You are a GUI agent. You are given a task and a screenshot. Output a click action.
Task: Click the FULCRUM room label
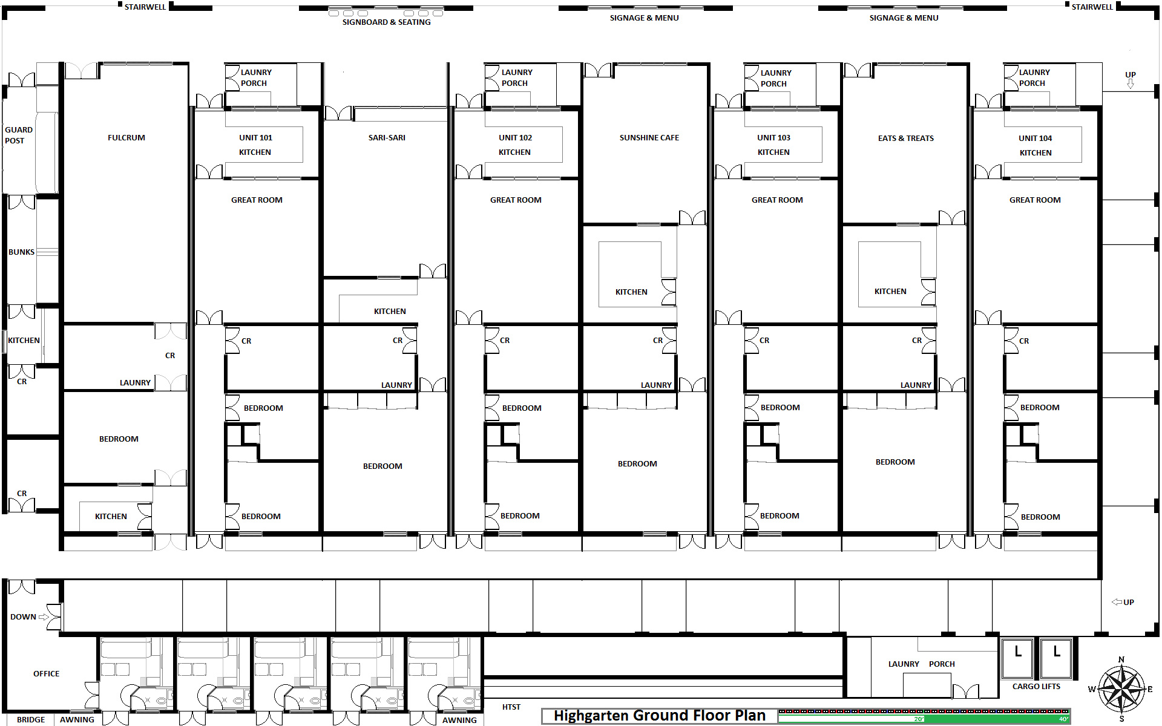tap(126, 138)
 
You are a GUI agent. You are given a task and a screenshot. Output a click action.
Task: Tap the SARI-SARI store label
tap(387, 138)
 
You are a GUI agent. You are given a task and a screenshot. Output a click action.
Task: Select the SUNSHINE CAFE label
tap(649, 138)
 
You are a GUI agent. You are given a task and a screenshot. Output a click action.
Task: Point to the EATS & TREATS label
tap(906, 139)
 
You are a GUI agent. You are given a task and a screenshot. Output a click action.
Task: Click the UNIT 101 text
tap(255, 138)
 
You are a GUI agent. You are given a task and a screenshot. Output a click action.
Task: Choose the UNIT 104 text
tap(1035, 139)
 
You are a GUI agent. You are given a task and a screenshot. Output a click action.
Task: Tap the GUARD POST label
tap(18, 135)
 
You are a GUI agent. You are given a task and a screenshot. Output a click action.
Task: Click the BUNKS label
tap(21, 252)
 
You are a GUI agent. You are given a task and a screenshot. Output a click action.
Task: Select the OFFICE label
tap(47, 674)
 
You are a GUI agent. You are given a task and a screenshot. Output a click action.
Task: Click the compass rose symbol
tap(1121, 689)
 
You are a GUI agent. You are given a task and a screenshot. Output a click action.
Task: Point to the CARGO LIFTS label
tap(1036, 687)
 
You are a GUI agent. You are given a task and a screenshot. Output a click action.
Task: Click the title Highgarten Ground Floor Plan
tap(660, 716)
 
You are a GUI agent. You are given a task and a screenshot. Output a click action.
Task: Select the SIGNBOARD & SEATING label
tap(387, 22)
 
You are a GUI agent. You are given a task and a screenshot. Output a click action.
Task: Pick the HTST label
tap(511, 707)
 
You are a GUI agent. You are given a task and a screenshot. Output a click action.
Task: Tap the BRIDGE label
tap(31, 720)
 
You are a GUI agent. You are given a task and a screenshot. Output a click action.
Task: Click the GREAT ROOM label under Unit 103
tap(777, 200)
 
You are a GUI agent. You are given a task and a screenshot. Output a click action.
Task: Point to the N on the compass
tap(1121, 660)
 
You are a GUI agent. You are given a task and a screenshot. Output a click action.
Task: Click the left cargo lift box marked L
tap(1017, 658)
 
